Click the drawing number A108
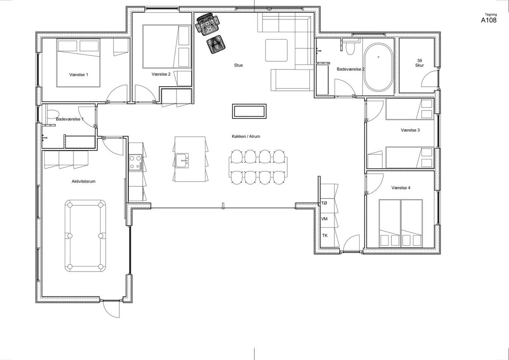pyautogui.click(x=488, y=20)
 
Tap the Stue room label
pyautogui.click(x=238, y=65)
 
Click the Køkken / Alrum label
pyautogui.click(x=246, y=137)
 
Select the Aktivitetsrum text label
pyautogui.click(x=83, y=182)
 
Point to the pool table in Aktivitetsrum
pyautogui.click(x=85, y=236)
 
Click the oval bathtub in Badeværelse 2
pyautogui.click(x=378, y=68)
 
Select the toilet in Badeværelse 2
pyautogui.click(x=350, y=49)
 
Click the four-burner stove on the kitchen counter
pyautogui.click(x=135, y=162)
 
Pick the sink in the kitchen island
pyautogui.click(x=182, y=161)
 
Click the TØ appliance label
pyautogui.click(x=324, y=203)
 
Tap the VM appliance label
pyautogui.click(x=324, y=219)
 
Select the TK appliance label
pyautogui.click(x=325, y=236)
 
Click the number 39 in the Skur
pyautogui.click(x=419, y=61)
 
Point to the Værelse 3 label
pyautogui.click(x=410, y=130)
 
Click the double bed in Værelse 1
pyautogui.click(x=78, y=63)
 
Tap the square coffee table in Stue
pyautogui.click(x=276, y=50)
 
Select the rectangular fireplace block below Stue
pyautogui.click(x=249, y=111)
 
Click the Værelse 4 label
pyautogui.click(x=401, y=188)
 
